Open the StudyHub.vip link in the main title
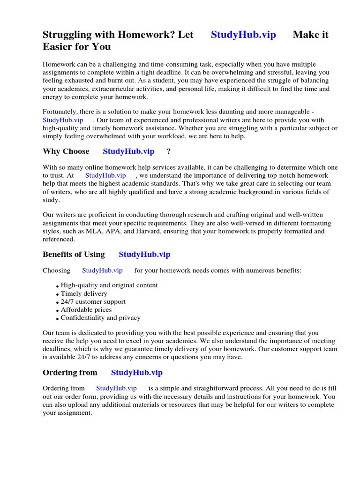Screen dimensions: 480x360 [243, 35]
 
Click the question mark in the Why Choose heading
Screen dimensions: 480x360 [169, 151]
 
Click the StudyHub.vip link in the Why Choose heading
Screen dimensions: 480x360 [128, 151]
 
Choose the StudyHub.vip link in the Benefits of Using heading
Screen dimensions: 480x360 [144, 255]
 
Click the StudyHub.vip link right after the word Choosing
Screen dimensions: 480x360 [102, 270]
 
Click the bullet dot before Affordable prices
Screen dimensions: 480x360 [57, 310]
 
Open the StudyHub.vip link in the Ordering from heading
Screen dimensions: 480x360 [136, 373]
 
